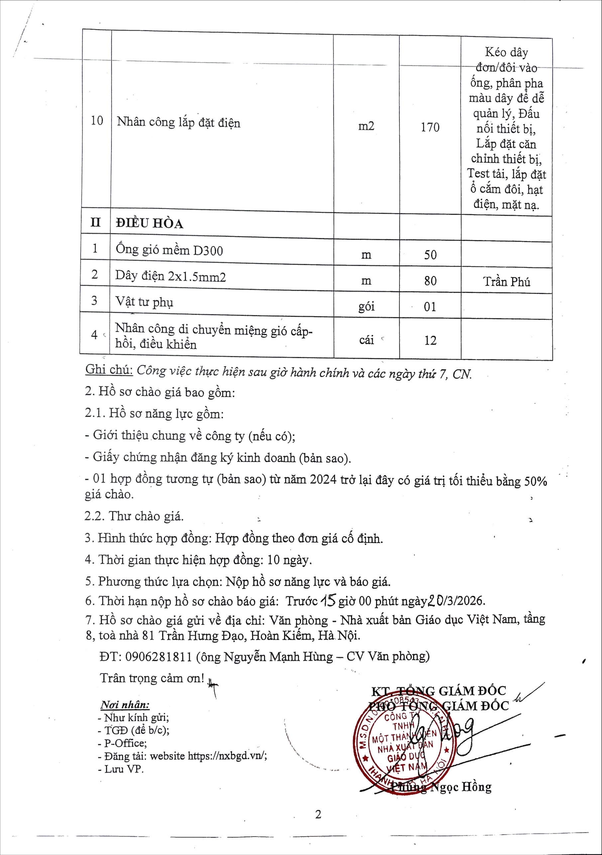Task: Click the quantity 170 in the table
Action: click(x=430, y=127)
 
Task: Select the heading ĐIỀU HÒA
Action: click(x=149, y=223)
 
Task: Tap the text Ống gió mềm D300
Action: click(x=169, y=250)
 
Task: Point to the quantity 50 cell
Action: click(x=430, y=255)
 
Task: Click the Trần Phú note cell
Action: click(x=507, y=281)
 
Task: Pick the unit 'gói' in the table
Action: click(x=366, y=306)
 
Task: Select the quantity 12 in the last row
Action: click(x=430, y=340)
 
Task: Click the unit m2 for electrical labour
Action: click(x=366, y=127)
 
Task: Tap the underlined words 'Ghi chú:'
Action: click(x=109, y=370)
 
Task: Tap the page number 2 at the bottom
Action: click(x=318, y=815)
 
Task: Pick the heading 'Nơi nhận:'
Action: click(x=125, y=705)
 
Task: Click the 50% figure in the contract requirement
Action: click(x=535, y=481)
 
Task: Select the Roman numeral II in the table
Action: click(x=96, y=222)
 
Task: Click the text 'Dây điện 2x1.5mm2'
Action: click(x=170, y=276)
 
